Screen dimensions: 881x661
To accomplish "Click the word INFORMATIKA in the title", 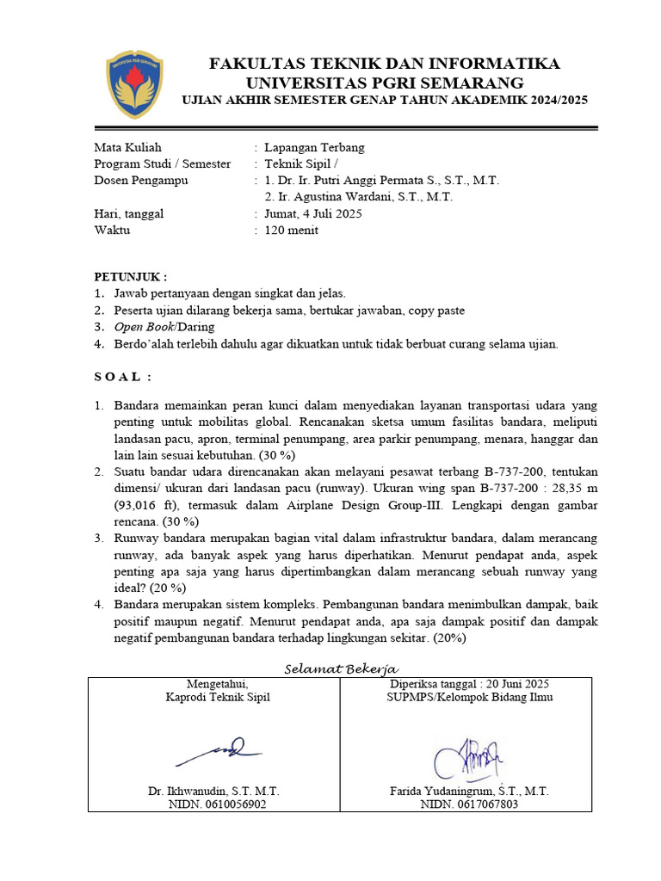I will coord(491,64).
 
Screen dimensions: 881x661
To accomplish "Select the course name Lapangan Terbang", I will coord(314,147).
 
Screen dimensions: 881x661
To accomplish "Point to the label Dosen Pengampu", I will coord(140,181).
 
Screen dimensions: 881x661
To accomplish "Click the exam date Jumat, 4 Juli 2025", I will coord(313,214).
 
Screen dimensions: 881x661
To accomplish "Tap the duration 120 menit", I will coord(291,231).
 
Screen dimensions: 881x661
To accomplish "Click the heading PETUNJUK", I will coord(130,277).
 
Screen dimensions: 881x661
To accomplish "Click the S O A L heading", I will coord(122,376).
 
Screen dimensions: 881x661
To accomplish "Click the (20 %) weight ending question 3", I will coord(168,588).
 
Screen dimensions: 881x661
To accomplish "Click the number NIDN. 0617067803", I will coord(469,804).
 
